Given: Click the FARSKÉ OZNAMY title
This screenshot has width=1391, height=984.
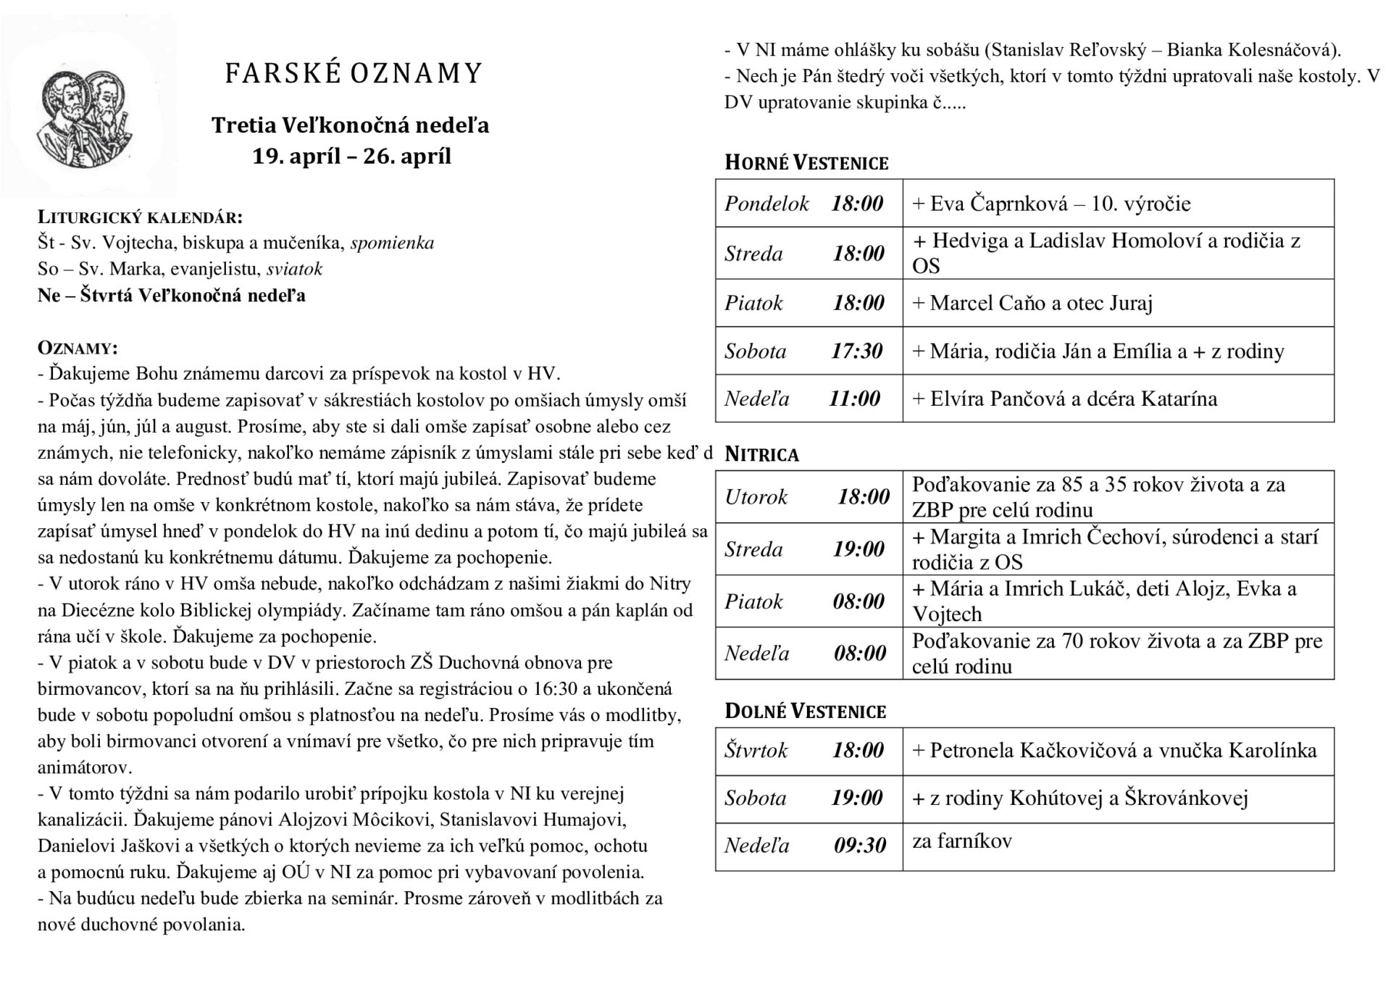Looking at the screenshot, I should (x=353, y=74).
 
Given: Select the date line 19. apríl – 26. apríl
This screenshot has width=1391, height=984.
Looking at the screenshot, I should (x=351, y=157).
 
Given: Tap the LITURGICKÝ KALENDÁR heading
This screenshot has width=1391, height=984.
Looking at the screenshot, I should (x=140, y=217).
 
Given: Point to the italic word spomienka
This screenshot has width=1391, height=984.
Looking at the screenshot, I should (x=392, y=243).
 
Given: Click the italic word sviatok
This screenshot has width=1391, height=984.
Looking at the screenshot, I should (x=294, y=270).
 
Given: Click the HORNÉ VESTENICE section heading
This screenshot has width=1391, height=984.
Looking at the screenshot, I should (x=806, y=163).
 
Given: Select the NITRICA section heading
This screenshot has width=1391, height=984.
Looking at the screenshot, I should (x=761, y=455).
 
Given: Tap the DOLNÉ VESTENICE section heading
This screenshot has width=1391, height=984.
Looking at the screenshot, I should (x=805, y=712).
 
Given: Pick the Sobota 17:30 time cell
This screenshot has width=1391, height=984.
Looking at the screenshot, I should (x=808, y=351).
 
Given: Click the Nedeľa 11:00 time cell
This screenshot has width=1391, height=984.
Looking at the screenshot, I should (x=808, y=399).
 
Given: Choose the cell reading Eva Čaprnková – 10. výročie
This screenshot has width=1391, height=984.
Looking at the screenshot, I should (x=1050, y=204).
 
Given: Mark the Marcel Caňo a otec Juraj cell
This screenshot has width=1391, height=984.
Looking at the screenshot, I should (x=1032, y=303).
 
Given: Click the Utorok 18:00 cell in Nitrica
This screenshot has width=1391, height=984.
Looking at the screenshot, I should (x=808, y=497).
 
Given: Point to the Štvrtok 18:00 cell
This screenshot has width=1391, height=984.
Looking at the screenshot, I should (x=808, y=751).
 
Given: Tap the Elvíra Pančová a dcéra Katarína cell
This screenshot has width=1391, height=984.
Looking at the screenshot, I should (x=1064, y=399).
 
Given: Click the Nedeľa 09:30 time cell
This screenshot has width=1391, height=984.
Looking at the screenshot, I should (x=808, y=846).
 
